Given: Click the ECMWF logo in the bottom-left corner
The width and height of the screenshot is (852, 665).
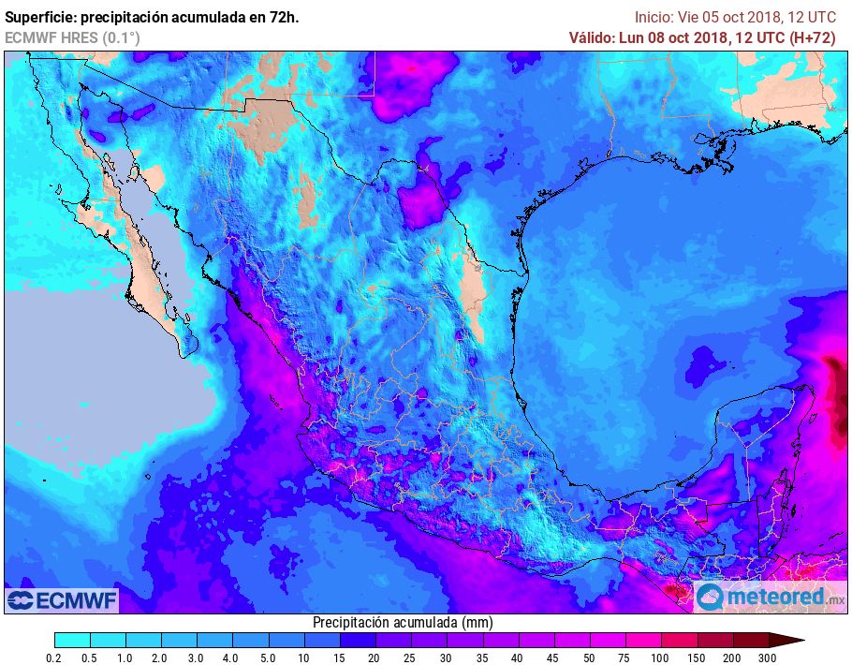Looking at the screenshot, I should (x=62, y=599).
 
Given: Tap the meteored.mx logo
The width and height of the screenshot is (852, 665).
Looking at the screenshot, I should (x=770, y=597).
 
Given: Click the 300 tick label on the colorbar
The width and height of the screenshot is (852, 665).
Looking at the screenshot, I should (x=768, y=658).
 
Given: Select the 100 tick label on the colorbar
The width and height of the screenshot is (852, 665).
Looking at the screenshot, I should (x=661, y=658).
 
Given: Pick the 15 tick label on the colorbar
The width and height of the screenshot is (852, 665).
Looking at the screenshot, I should (x=340, y=658).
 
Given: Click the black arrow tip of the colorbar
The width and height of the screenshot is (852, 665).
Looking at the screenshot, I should (x=792, y=641).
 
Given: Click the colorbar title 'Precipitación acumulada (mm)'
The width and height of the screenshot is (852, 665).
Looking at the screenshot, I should (x=403, y=623).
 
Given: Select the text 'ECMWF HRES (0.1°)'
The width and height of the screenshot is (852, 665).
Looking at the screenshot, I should (x=73, y=37).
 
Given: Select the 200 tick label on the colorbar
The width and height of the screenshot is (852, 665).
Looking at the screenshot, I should (x=732, y=658).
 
